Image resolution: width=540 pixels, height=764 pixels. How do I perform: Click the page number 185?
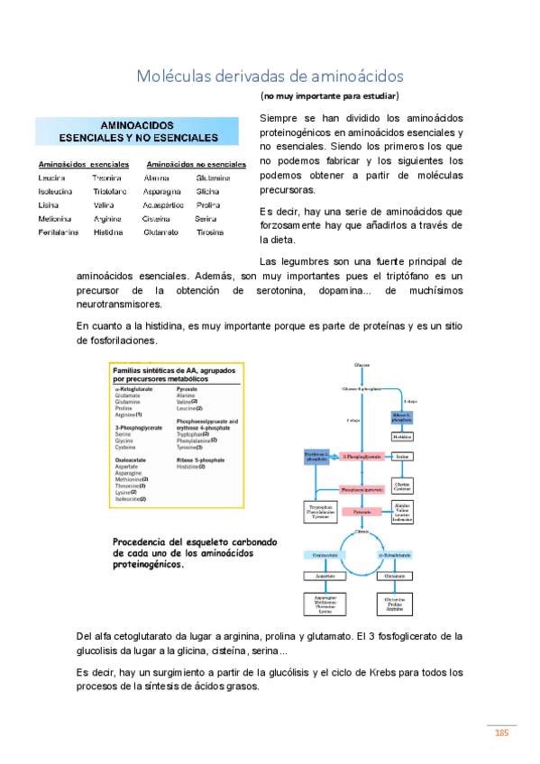coord(502,732)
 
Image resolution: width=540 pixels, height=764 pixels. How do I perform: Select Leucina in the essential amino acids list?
coord(53,178)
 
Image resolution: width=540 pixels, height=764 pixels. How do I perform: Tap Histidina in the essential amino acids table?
coord(108,232)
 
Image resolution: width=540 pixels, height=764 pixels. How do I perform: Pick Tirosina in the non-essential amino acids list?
coord(210,232)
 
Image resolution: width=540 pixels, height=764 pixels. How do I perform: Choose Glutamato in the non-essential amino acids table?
coord(160,232)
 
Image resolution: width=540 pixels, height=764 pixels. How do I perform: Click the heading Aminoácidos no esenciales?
coord(196,165)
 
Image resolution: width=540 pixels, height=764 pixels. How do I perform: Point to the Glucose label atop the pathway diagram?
coord(362,365)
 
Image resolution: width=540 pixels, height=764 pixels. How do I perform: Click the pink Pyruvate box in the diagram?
coord(362,511)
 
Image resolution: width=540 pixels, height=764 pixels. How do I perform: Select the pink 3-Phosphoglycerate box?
coord(362,458)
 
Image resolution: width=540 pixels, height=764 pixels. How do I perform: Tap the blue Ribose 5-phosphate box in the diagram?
coord(402,417)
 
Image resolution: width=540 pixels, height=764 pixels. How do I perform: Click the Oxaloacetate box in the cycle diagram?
coord(325,555)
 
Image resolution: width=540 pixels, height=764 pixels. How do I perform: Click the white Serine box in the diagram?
coord(402,458)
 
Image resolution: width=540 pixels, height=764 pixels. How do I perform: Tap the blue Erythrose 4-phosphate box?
coord(316,457)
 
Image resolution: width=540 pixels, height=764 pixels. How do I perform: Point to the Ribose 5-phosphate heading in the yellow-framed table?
coord(203,459)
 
